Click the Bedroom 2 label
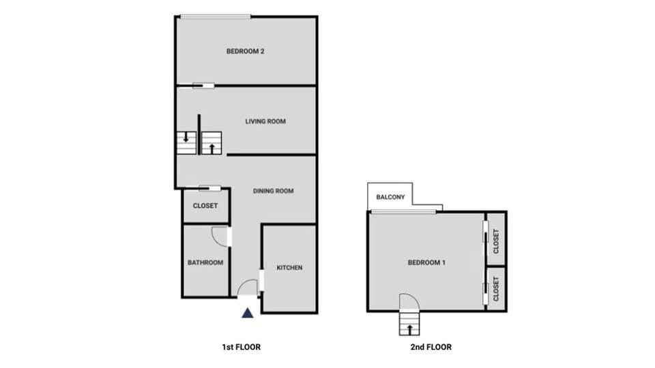245,50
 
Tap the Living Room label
265,121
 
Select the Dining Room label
273,191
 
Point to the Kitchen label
289,268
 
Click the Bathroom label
205,262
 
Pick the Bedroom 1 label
426,262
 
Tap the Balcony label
390,198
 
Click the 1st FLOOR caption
242,347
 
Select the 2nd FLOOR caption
431,347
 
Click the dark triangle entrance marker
248,313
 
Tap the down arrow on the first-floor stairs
186,136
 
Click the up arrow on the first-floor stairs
212,147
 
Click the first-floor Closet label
205,206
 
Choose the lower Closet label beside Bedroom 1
496,289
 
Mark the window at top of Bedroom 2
215,17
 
